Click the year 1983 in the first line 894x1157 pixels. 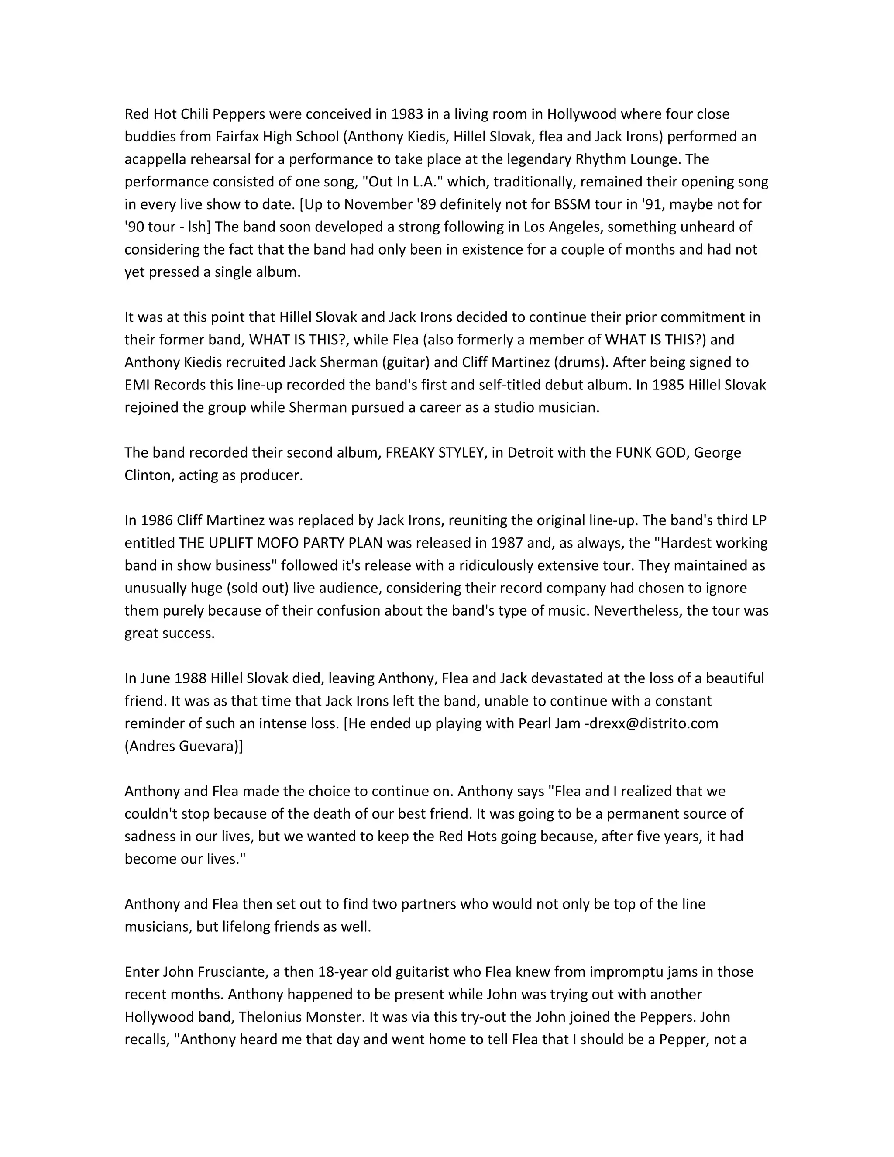point(407,114)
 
